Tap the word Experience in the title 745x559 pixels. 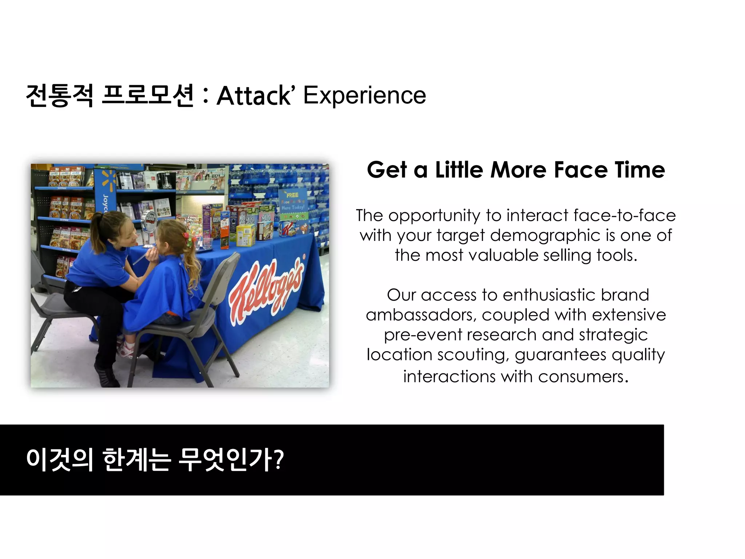coord(364,96)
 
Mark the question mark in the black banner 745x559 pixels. coord(278,460)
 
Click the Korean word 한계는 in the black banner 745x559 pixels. coord(136,460)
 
